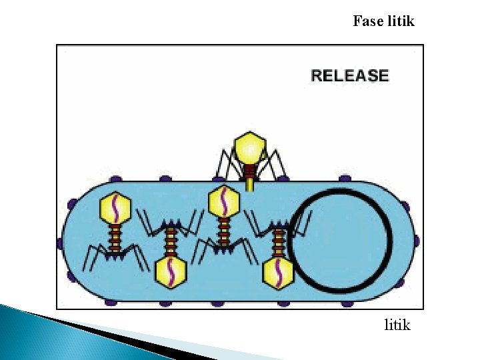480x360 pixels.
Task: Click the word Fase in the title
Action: [x=367, y=21]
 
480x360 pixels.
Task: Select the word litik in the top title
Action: [x=400, y=21]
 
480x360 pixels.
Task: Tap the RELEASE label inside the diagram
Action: [x=349, y=75]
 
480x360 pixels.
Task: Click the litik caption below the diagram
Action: [x=397, y=325]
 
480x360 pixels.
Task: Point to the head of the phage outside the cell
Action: [x=250, y=145]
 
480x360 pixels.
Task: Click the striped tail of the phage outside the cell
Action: [x=249, y=179]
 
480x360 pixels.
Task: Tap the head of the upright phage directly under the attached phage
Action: [x=225, y=201]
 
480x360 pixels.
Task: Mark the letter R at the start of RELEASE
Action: [x=316, y=75]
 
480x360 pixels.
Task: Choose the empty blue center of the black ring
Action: [x=340, y=242]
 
